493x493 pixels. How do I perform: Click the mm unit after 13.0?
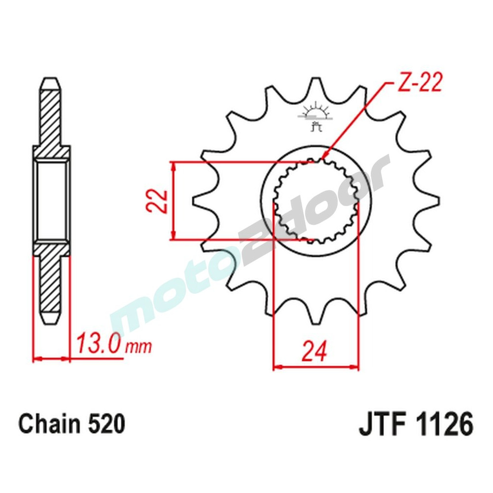click(139, 347)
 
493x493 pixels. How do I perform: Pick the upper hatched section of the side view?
click(51, 118)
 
